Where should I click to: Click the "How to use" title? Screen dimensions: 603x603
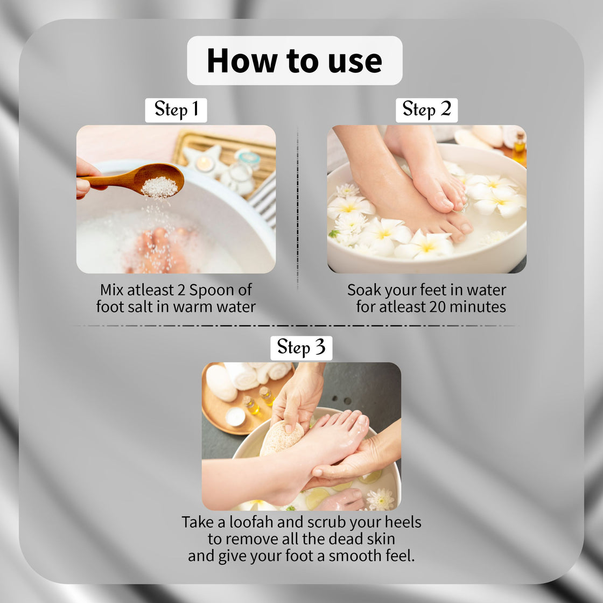coord(295,60)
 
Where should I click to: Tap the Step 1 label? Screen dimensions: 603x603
coord(176,110)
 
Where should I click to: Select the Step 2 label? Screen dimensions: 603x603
coord(426,110)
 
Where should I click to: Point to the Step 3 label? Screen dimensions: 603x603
coord(301,348)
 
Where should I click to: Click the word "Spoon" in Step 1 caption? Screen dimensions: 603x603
coord(226,290)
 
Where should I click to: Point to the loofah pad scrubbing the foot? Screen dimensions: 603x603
coord(281,438)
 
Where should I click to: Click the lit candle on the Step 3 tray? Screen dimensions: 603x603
coord(235,416)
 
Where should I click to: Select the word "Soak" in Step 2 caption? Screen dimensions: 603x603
coord(364,290)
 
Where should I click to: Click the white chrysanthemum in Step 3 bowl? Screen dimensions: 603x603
coord(380,499)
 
